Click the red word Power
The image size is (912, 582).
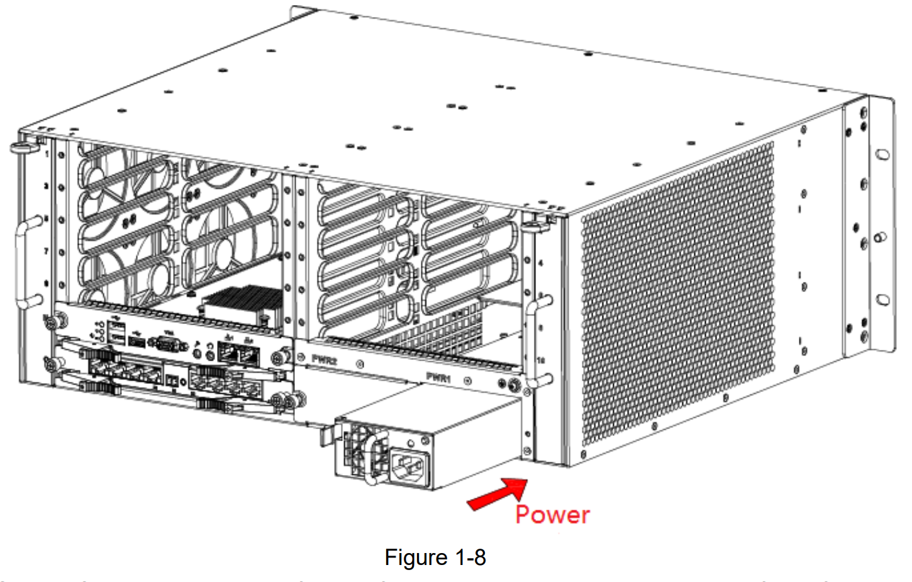(x=552, y=515)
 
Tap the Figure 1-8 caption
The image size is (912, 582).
(x=435, y=557)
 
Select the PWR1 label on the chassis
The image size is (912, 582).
(x=438, y=378)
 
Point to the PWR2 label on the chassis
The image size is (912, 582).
(x=325, y=359)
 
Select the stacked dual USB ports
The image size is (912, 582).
(x=117, y=333)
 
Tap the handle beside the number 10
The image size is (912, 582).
(x=533, y=343)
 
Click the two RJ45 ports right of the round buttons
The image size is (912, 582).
(x=238, y=354)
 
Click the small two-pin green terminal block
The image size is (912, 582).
(x=172, y=379)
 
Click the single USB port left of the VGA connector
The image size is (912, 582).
(x=138, y=342)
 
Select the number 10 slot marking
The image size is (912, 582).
(x=541, y=361)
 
